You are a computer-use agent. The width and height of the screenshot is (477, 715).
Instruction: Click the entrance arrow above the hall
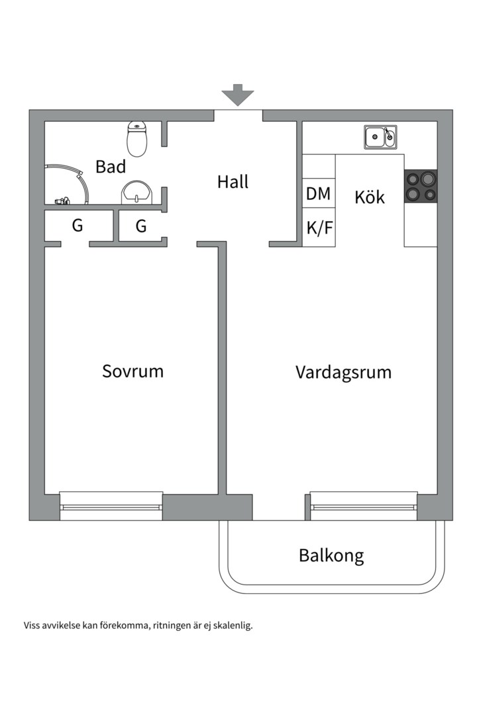click(238, 95)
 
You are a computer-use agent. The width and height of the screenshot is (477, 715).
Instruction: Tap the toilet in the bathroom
click(136, 138)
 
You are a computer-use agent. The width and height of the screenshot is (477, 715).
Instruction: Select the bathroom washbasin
click(137, 193)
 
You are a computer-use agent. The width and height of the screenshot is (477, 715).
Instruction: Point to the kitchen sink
click(380, 138)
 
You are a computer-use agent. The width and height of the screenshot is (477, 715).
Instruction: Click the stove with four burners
click(421, 185)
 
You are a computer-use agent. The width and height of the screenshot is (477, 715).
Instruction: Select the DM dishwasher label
click(319, 195)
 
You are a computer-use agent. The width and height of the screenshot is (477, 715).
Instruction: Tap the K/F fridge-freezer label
click(319, 228)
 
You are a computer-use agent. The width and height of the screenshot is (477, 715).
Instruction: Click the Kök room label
click(370, 197)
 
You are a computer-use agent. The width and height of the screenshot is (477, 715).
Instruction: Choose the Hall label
click(233, 181)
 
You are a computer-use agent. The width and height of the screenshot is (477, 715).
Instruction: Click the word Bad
click(111, 166)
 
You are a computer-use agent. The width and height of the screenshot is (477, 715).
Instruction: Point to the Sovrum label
click(132, 371)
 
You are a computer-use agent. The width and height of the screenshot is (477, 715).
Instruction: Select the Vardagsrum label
click(343, 372)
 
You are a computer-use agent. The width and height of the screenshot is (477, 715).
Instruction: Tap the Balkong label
click(331, 555)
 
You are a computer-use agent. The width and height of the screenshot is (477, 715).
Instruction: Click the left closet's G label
click(78, 226)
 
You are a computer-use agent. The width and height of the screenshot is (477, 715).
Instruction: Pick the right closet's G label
click(141, 226)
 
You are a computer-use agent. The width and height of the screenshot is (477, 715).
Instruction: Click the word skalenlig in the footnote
click(233, 625)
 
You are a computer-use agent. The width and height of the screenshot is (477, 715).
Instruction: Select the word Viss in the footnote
click(32, 625)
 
